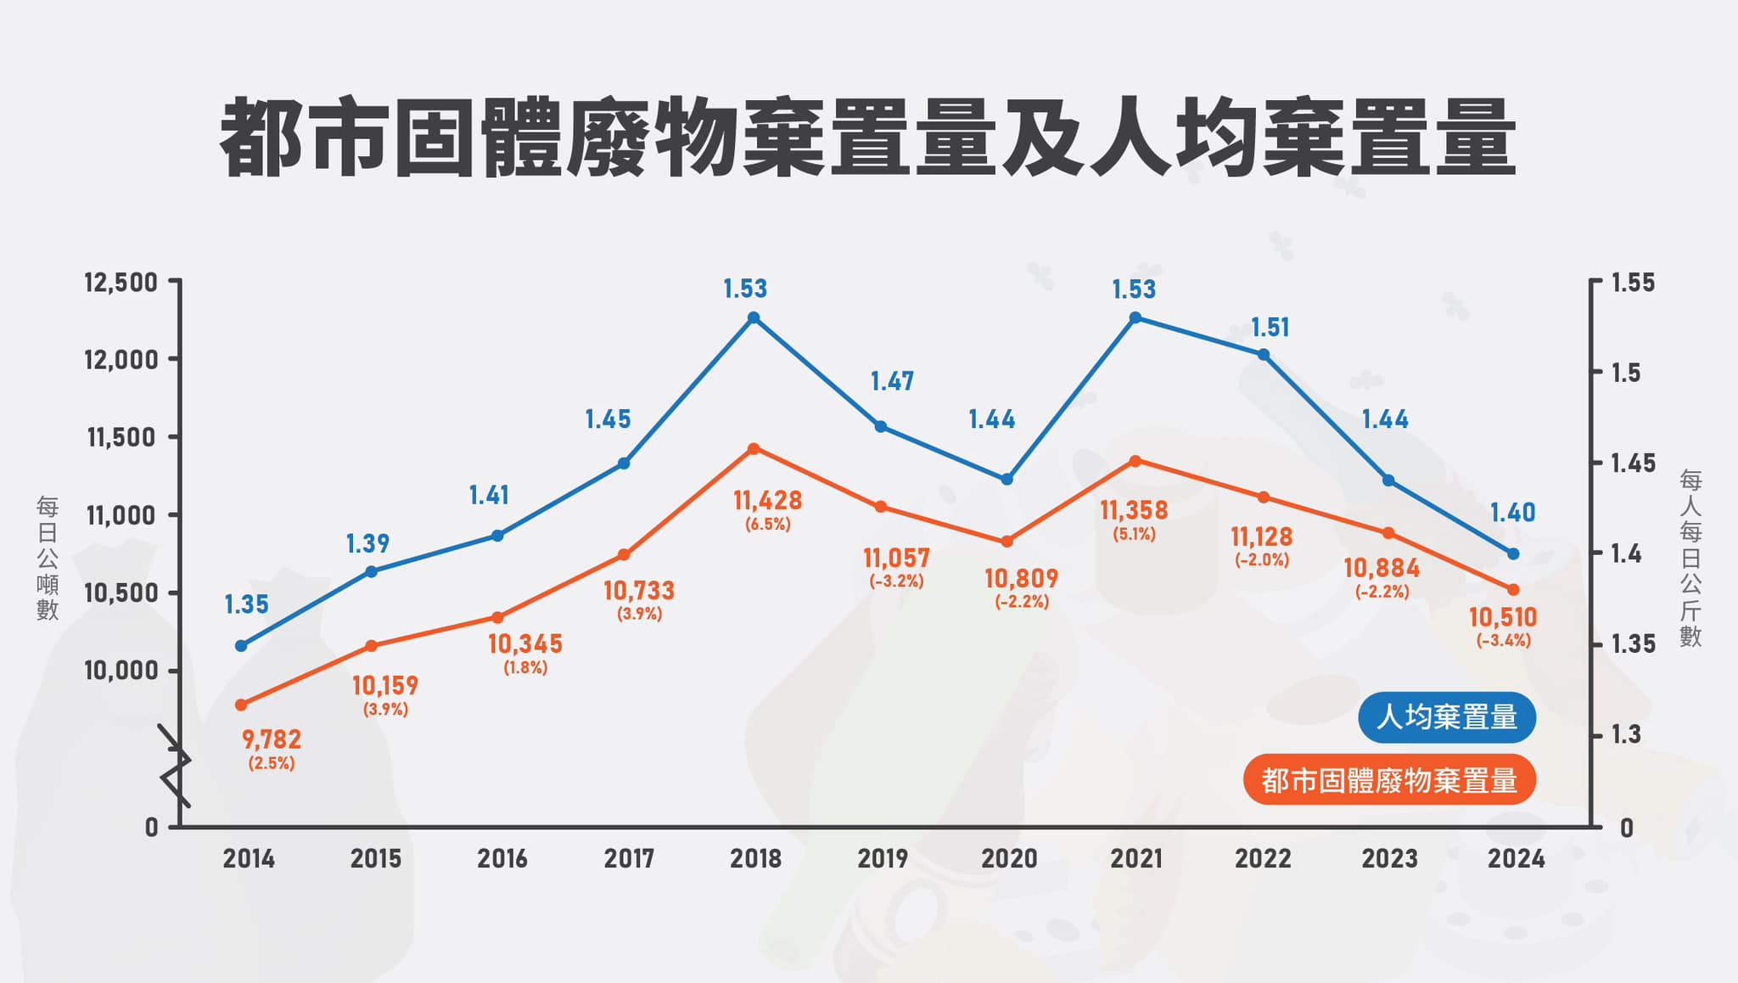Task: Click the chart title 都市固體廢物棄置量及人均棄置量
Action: (x=867, y=138)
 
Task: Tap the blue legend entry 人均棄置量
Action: (x=1447, y=717)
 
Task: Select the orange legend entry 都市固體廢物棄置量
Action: (x=1389, y=780)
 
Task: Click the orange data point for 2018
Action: (x=754, y=448)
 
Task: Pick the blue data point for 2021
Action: (x=1135, y=317)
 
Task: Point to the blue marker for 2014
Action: (x=241, y=646)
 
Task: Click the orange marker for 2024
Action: (x=1512, y=589)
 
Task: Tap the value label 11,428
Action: (x=768, y=501)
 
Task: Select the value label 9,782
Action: (x=272, y=739)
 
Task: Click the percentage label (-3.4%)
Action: (x=1503, y=641)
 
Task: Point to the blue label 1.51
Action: (x=1270, y=328)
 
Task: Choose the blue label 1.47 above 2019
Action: (x=892, y=381)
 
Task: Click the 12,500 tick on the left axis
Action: (x=121, y=282)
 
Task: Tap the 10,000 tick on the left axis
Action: (x=121, y=671)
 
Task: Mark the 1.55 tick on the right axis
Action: (x=1632, y=283)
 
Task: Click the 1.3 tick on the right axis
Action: (x=1625, y=734)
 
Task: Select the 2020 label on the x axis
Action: (x=1009, y=858)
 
